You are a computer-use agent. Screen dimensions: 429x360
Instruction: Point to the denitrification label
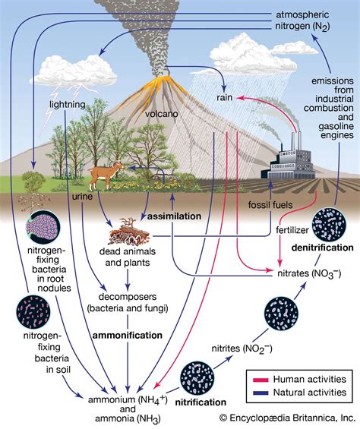click(330, 248)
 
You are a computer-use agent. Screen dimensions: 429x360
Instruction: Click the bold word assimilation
click(175, 216)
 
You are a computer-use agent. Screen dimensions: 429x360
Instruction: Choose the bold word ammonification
click(126, 334)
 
